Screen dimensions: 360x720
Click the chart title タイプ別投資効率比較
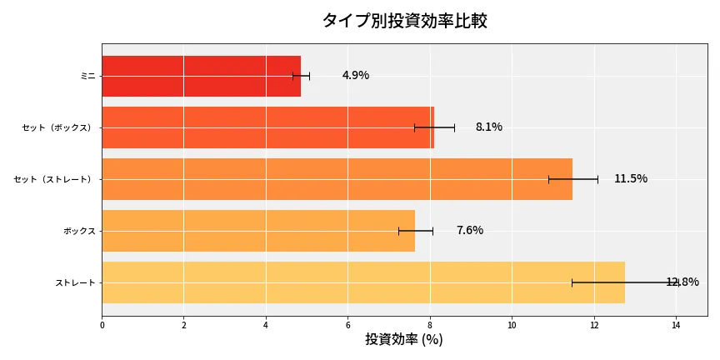pyautogui.click(x=404, y=21)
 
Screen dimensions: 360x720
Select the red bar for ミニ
pyautogui.click(x=201, y=76)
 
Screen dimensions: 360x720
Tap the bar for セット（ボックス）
pyautogui.click(x=267, y=127)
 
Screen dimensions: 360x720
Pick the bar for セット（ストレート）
pyautogui.click(x=337, y=179)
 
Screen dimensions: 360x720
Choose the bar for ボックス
pyautogui.click(x=258, y=231)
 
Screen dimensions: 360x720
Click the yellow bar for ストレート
pyautogui.click(x=363, y=282)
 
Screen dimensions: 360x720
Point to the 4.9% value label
pyautogui.click(x=355, y=76)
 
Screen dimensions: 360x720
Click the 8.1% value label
pyautogui.click(x=488, y=127)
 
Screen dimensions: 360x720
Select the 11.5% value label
pyautogui.click(x=630, y=179)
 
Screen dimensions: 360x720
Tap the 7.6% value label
pyautogui.click(x=469, y=231)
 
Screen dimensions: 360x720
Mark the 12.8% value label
pyautogui.click(x=682, y=282)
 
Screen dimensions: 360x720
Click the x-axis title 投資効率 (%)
pyautogui.click(x=404, y=340)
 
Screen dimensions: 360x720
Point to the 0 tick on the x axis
pyautogui.click(x=102, y=326)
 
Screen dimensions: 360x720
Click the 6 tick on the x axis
pyautogui.click(x=347, y=326)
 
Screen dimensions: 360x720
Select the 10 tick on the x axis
pyautogui.click(x=512, y=326)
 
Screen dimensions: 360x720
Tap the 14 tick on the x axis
pyautogui.click(x=676, y=326)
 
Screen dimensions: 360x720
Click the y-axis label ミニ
pyautogui.click(x=87, y=76)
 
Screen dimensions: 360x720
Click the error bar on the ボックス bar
pyautogui.click(x=415, y=231)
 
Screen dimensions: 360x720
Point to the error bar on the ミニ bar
pyautogui.click(x=301, y=76)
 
